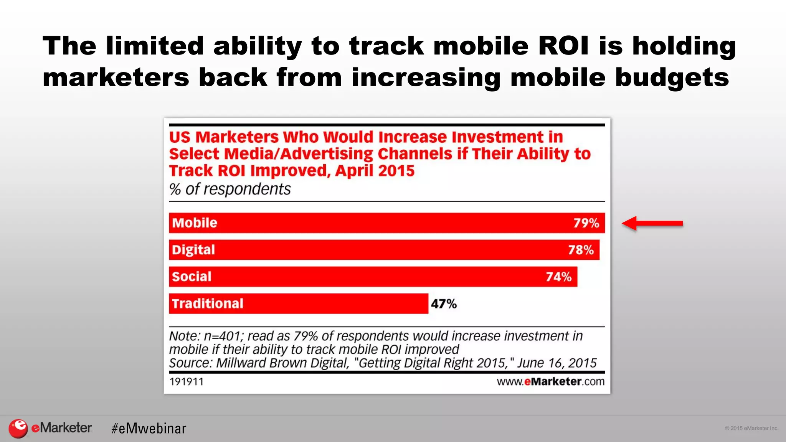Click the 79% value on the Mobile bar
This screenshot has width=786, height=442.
point(586,223)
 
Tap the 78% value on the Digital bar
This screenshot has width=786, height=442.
point(581,250)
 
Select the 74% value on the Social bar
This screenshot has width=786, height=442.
point(558,277)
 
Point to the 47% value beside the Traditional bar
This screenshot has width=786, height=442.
point(444,304)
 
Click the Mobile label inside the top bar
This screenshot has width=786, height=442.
point(195,223)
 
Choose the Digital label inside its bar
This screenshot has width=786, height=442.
point(193,250)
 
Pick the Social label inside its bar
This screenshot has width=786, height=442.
point(192,277)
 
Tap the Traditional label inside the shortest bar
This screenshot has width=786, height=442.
point(208,303)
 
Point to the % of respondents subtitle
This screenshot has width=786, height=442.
point(230,189)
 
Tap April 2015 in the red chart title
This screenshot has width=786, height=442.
point(375,170)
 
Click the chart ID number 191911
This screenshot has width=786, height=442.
point(187,382)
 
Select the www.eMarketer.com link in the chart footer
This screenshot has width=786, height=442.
point(550,382)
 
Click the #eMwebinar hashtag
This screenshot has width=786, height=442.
point(149,428)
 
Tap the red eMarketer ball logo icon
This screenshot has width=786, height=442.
point(18,428)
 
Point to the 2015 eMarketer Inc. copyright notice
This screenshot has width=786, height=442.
point(751,428)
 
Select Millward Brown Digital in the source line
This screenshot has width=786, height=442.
point(282,363)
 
